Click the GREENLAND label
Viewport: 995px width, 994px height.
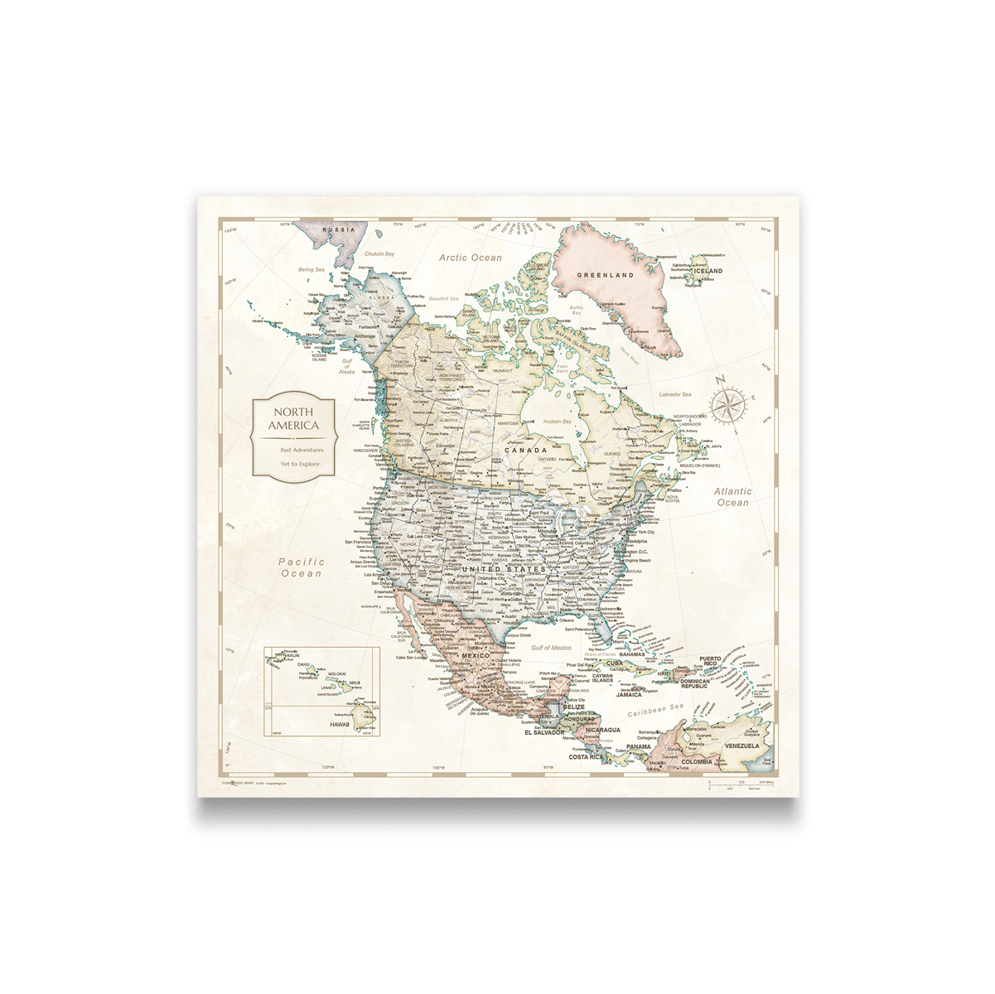click(x=605, y=275)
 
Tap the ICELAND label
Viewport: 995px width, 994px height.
click(x=708, y=271)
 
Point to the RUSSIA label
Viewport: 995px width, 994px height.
click(x=338, y=229)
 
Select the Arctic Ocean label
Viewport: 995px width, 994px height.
click(x=471, y=258)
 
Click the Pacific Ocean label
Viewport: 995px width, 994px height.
click(x=301, y=567)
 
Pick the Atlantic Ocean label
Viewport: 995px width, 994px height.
click(x=732, y=497)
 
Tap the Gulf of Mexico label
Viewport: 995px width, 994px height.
click(x=551, y=648)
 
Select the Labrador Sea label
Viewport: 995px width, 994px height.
click(x=675, y=394)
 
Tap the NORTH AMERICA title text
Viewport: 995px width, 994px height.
click(x=294, y=418)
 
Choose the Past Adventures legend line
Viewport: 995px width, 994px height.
click(x=302, y=450)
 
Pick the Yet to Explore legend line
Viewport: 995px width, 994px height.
click(x=300, y=464)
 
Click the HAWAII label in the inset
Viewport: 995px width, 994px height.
click(x=340, y=724)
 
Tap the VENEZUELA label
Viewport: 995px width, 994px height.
click(x=741, y=745)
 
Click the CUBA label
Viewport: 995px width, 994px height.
click(x=614, y=663)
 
